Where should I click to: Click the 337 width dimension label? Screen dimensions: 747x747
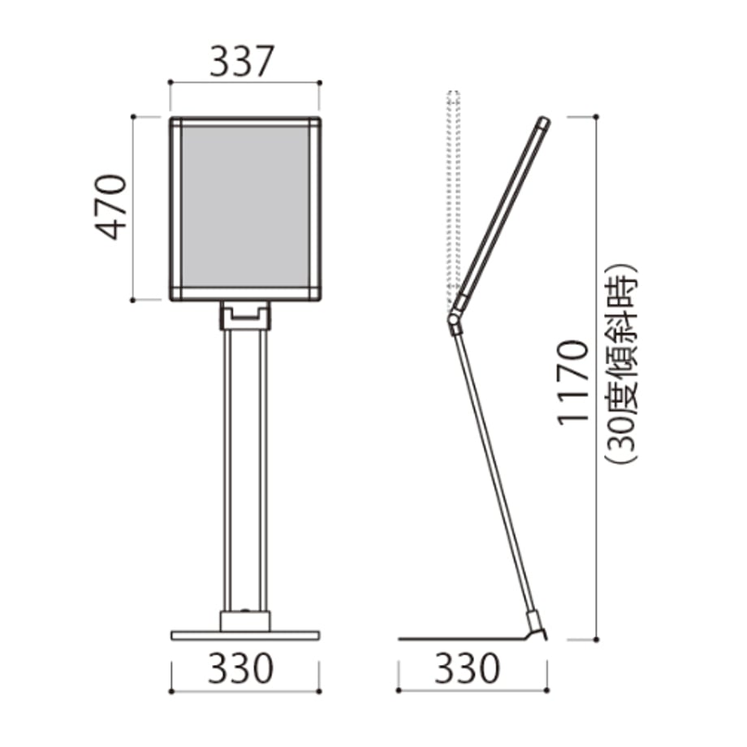coord(242,62)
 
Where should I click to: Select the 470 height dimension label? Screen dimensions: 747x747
coord(111,207)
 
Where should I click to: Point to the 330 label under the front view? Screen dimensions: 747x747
coord(240,668)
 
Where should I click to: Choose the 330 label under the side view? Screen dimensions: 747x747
coord(468,668)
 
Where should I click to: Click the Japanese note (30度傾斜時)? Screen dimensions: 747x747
coord(622,363)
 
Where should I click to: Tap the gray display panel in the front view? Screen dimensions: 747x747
coord(245,207)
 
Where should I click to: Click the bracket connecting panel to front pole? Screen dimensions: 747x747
coord(245,315)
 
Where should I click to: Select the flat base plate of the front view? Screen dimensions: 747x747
coord(245,636)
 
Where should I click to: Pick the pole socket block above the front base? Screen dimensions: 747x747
coord(245,621)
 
